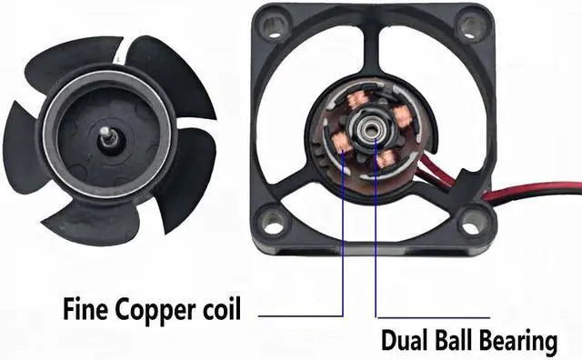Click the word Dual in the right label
pyautogui.click(x=403, y=342)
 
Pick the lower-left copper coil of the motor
pyautogui.click(x=344, y=140)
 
